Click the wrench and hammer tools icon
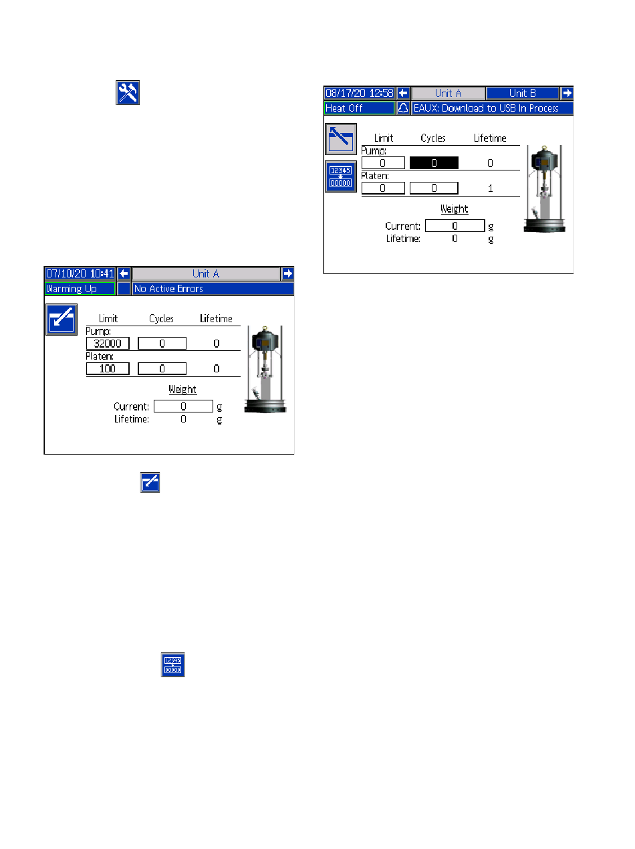(128, 92)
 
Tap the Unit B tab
(522, 93)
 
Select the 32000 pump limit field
(108, 344)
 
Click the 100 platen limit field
(108, 369)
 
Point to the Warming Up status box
(80, 289)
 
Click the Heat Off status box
(359, 108)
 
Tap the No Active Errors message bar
(213, 289)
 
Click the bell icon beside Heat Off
(403, 108)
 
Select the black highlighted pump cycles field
(434, 162)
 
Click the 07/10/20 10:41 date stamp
(80, 273)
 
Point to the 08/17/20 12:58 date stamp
(359, 93)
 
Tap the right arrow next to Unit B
(567, 93)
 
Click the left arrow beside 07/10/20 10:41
(124, 273)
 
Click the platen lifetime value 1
(490, 189)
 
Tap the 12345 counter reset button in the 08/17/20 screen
(341, 177)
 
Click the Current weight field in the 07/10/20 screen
(183, 406)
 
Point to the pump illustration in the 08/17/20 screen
(545, 189)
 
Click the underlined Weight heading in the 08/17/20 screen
(454, 209)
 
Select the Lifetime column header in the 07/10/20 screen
(216, 319)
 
